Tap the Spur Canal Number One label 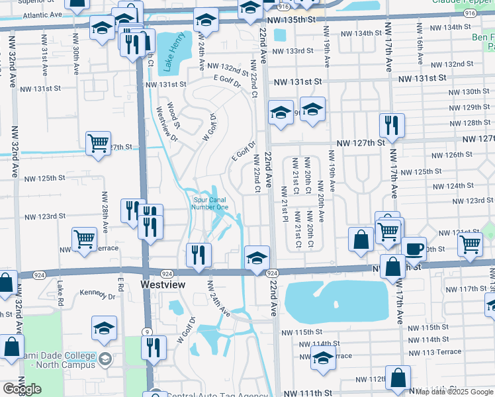pyautogui.click(x=210, y=203)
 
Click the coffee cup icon pyautogui.click(x=414, y=248)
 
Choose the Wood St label pyautogui.click(x=173, y=114)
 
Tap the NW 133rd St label pyautogui.click(x=292, y=51)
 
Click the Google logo pyautogui.click(x=22, y=389)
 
